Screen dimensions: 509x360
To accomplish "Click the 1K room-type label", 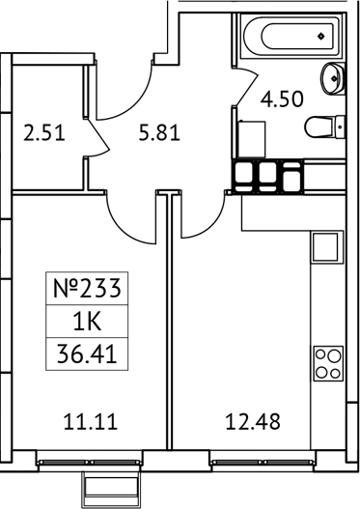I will (89, 321).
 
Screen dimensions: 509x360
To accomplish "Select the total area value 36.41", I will (89, 354).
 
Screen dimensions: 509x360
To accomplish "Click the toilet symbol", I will (322, 127).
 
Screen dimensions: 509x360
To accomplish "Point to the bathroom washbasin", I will (334, 77).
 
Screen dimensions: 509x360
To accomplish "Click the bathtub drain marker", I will (322, 37).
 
